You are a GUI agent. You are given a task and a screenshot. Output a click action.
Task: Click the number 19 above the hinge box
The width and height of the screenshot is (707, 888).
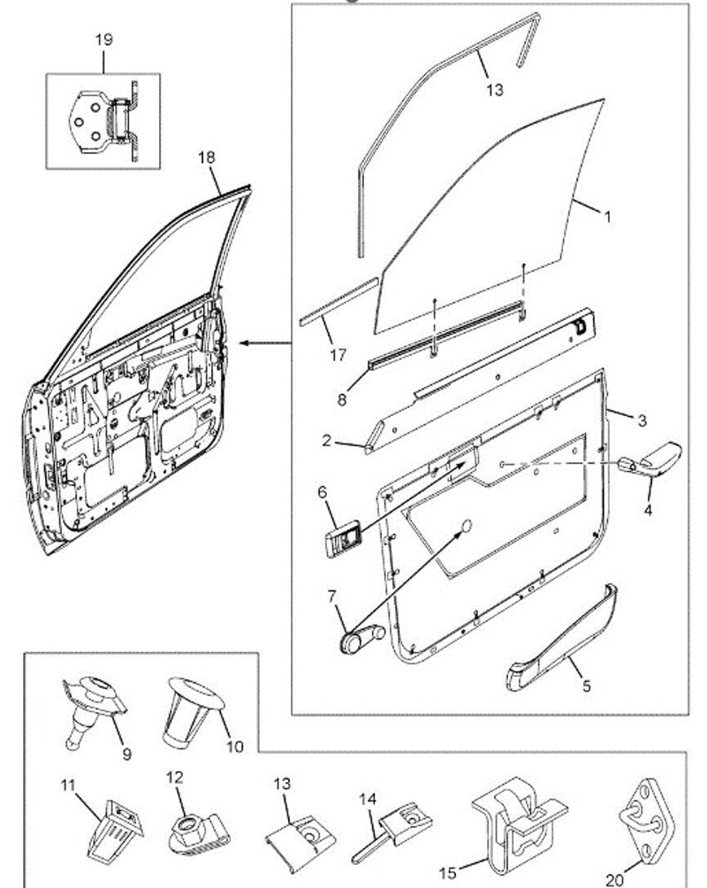pyautogui.click(x=103, y=41)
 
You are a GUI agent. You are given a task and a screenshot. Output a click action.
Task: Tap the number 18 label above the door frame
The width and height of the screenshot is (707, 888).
pyautogui.click(x=206, y=157)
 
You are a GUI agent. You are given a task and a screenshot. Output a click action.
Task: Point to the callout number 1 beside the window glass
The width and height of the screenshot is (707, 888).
pyautogui.click(x=606, y=216)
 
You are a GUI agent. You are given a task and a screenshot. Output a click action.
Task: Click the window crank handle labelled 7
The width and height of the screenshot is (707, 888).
pyautogui.click(x=361, y=636)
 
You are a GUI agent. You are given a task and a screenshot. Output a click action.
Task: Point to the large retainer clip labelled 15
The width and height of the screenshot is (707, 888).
pyautogui.click(x=515, y=826)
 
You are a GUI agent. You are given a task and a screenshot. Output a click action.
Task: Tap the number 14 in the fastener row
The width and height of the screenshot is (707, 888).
pyautogui.click(x=367, y=799)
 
